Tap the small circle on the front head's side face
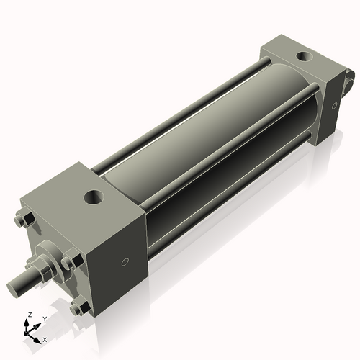[x=126, y=263]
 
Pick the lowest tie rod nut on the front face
[x=78, y=308]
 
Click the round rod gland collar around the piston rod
[x=45, y=259]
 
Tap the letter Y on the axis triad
[x=44, y=318]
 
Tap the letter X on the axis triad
[x=45, y=338]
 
